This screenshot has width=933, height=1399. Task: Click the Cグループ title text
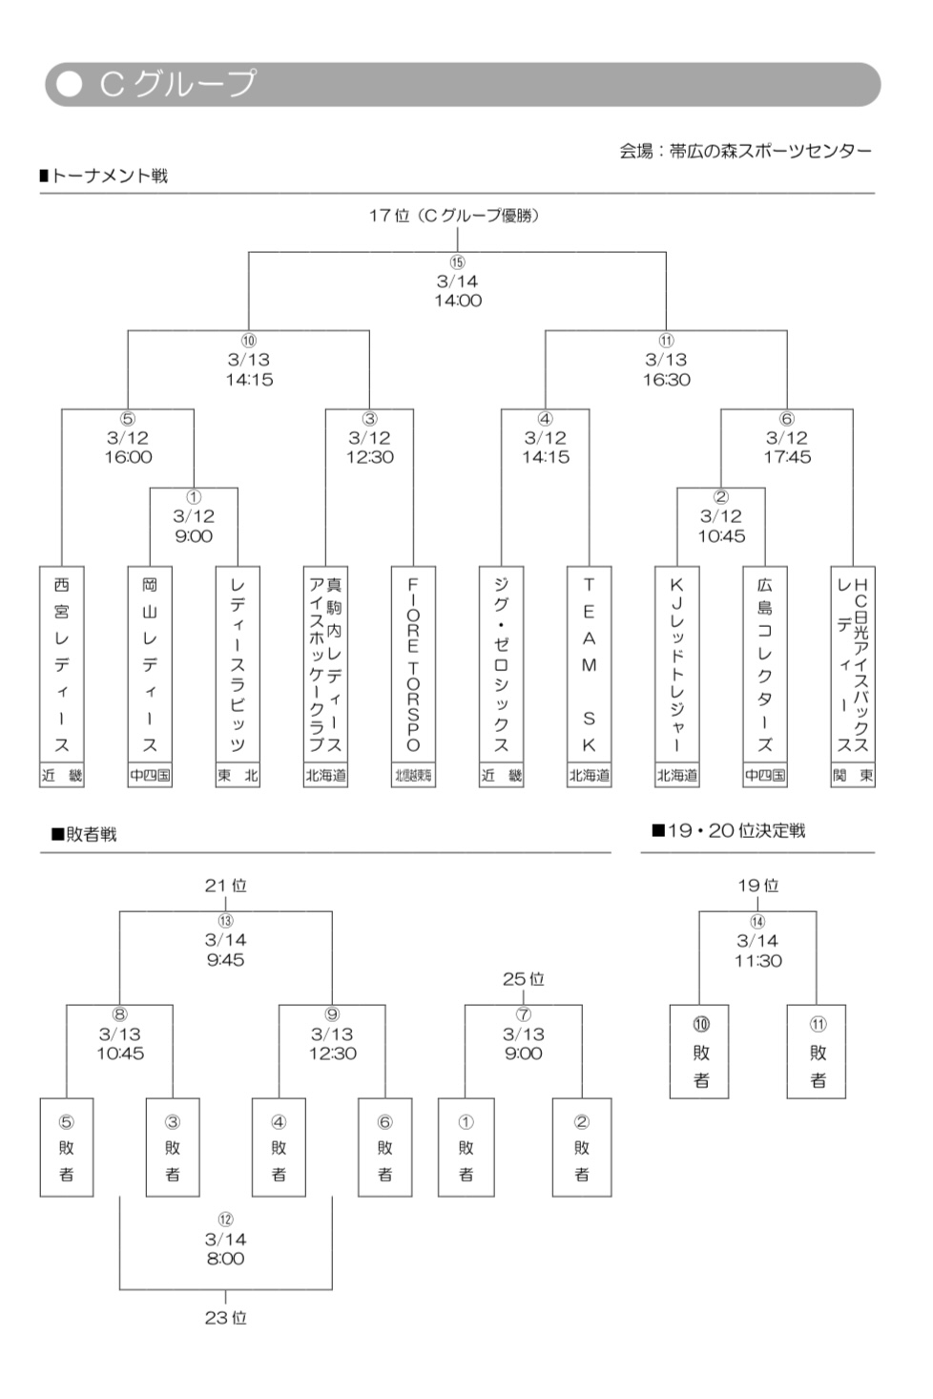177,84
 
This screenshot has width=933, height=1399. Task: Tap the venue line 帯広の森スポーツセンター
745,151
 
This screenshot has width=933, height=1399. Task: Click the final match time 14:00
458,301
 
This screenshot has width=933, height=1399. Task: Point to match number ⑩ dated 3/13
249,341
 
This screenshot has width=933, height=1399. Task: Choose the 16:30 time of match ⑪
666,380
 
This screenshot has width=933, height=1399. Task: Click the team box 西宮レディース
62,664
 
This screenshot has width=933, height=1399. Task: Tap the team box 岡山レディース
150,664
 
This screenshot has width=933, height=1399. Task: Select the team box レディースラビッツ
238,664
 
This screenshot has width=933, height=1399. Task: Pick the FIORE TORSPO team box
413,664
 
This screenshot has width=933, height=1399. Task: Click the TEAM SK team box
589,664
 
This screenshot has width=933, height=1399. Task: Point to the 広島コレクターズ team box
765,664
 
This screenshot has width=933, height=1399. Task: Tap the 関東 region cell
853,776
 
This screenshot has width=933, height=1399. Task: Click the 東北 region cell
238,776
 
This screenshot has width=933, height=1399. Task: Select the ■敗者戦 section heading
84,834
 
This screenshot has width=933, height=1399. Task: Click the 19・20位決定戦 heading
729,830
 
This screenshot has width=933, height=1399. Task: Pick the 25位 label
523,979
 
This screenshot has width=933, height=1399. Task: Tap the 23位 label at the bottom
225,1318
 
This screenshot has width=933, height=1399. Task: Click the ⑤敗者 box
67,1147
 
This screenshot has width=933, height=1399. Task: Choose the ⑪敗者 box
817,1052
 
